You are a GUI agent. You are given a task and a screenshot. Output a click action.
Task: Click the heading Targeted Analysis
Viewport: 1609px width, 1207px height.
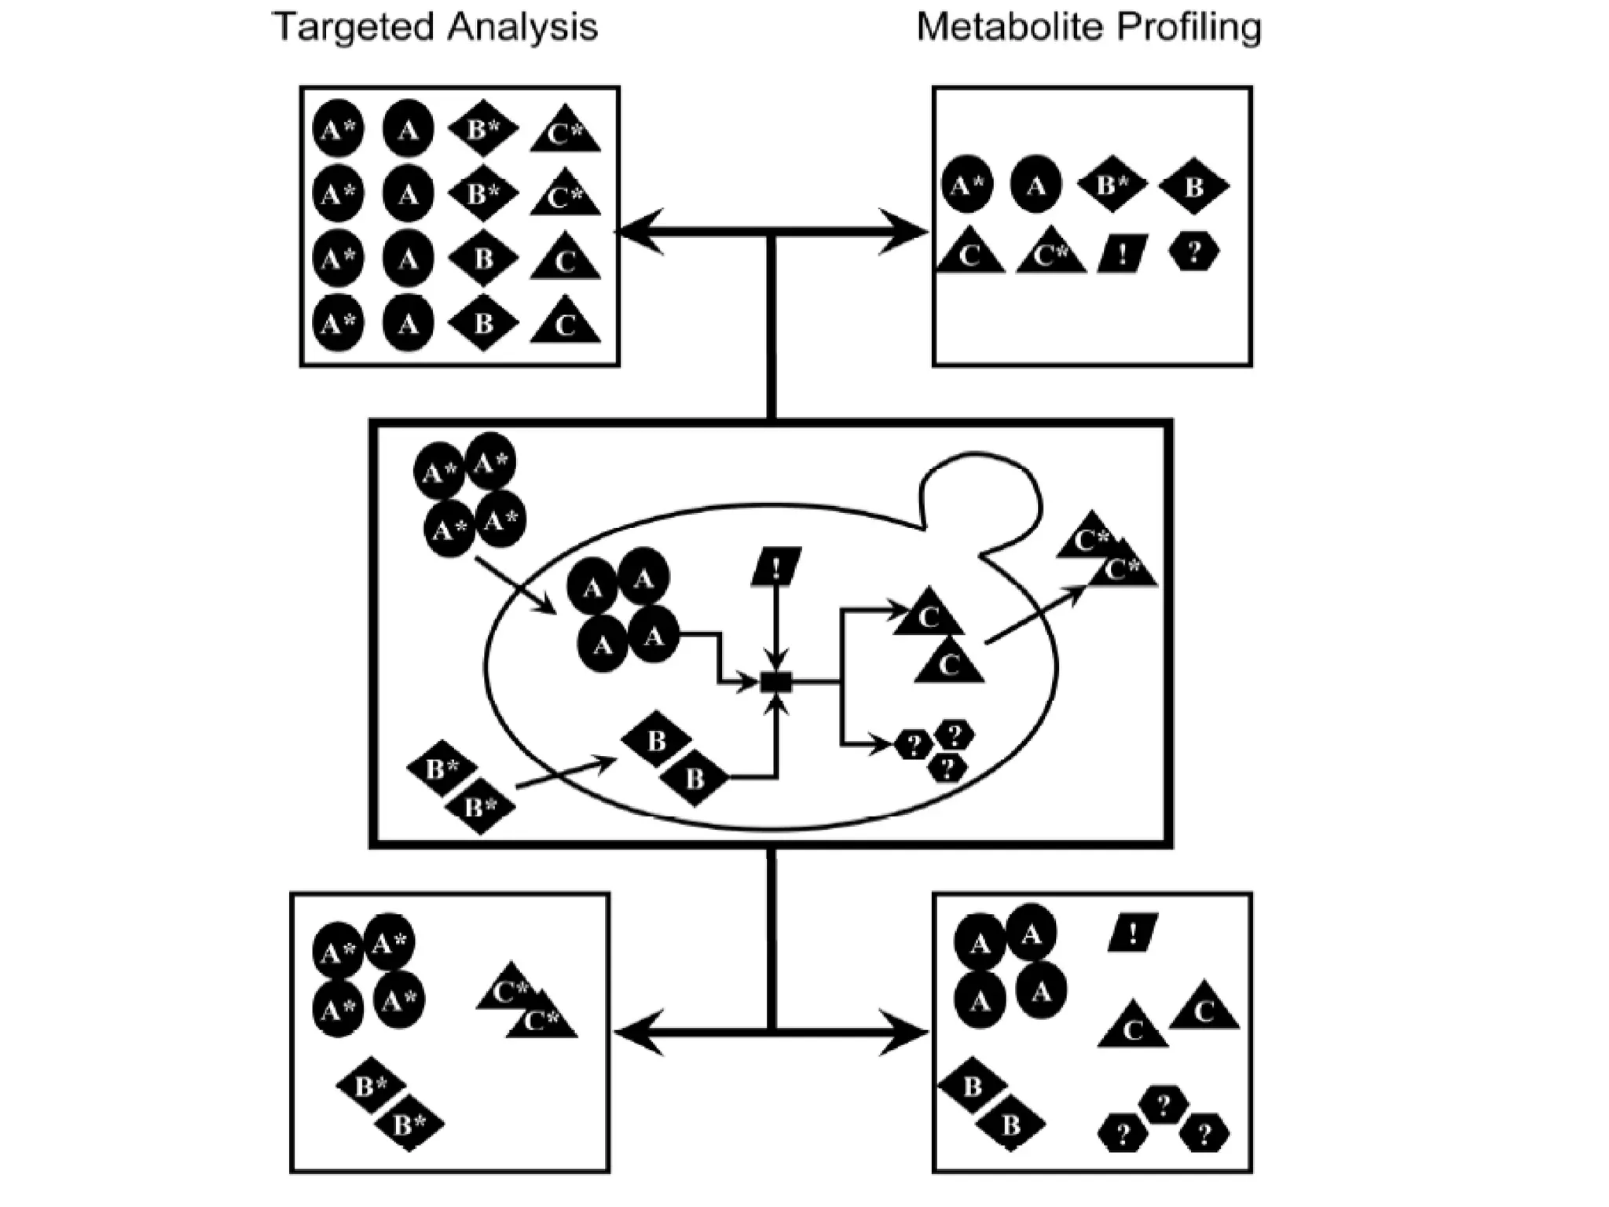coord(434,28)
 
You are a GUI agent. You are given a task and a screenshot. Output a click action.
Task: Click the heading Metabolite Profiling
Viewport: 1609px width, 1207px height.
coord(1089,28)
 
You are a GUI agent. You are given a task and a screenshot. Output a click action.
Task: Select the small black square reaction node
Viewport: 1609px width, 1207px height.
coord(776,682)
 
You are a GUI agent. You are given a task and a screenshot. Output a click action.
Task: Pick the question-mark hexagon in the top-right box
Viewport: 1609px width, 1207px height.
coord(1194,252)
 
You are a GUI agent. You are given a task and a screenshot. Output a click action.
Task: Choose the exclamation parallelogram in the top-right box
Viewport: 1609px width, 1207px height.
coord(1123,253)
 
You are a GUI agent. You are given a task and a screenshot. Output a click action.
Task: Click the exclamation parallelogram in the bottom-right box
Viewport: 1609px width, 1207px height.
coord(1133,933)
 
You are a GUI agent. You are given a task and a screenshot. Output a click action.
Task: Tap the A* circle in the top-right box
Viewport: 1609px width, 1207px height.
coord(966,185)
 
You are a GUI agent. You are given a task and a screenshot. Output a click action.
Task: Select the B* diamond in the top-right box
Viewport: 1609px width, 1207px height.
coord(1111,185)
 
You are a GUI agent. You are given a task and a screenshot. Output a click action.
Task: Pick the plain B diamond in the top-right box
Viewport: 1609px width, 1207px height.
coord(1193,187)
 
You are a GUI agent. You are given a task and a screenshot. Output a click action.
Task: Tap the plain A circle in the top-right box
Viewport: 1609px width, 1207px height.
coord(1035,185)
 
